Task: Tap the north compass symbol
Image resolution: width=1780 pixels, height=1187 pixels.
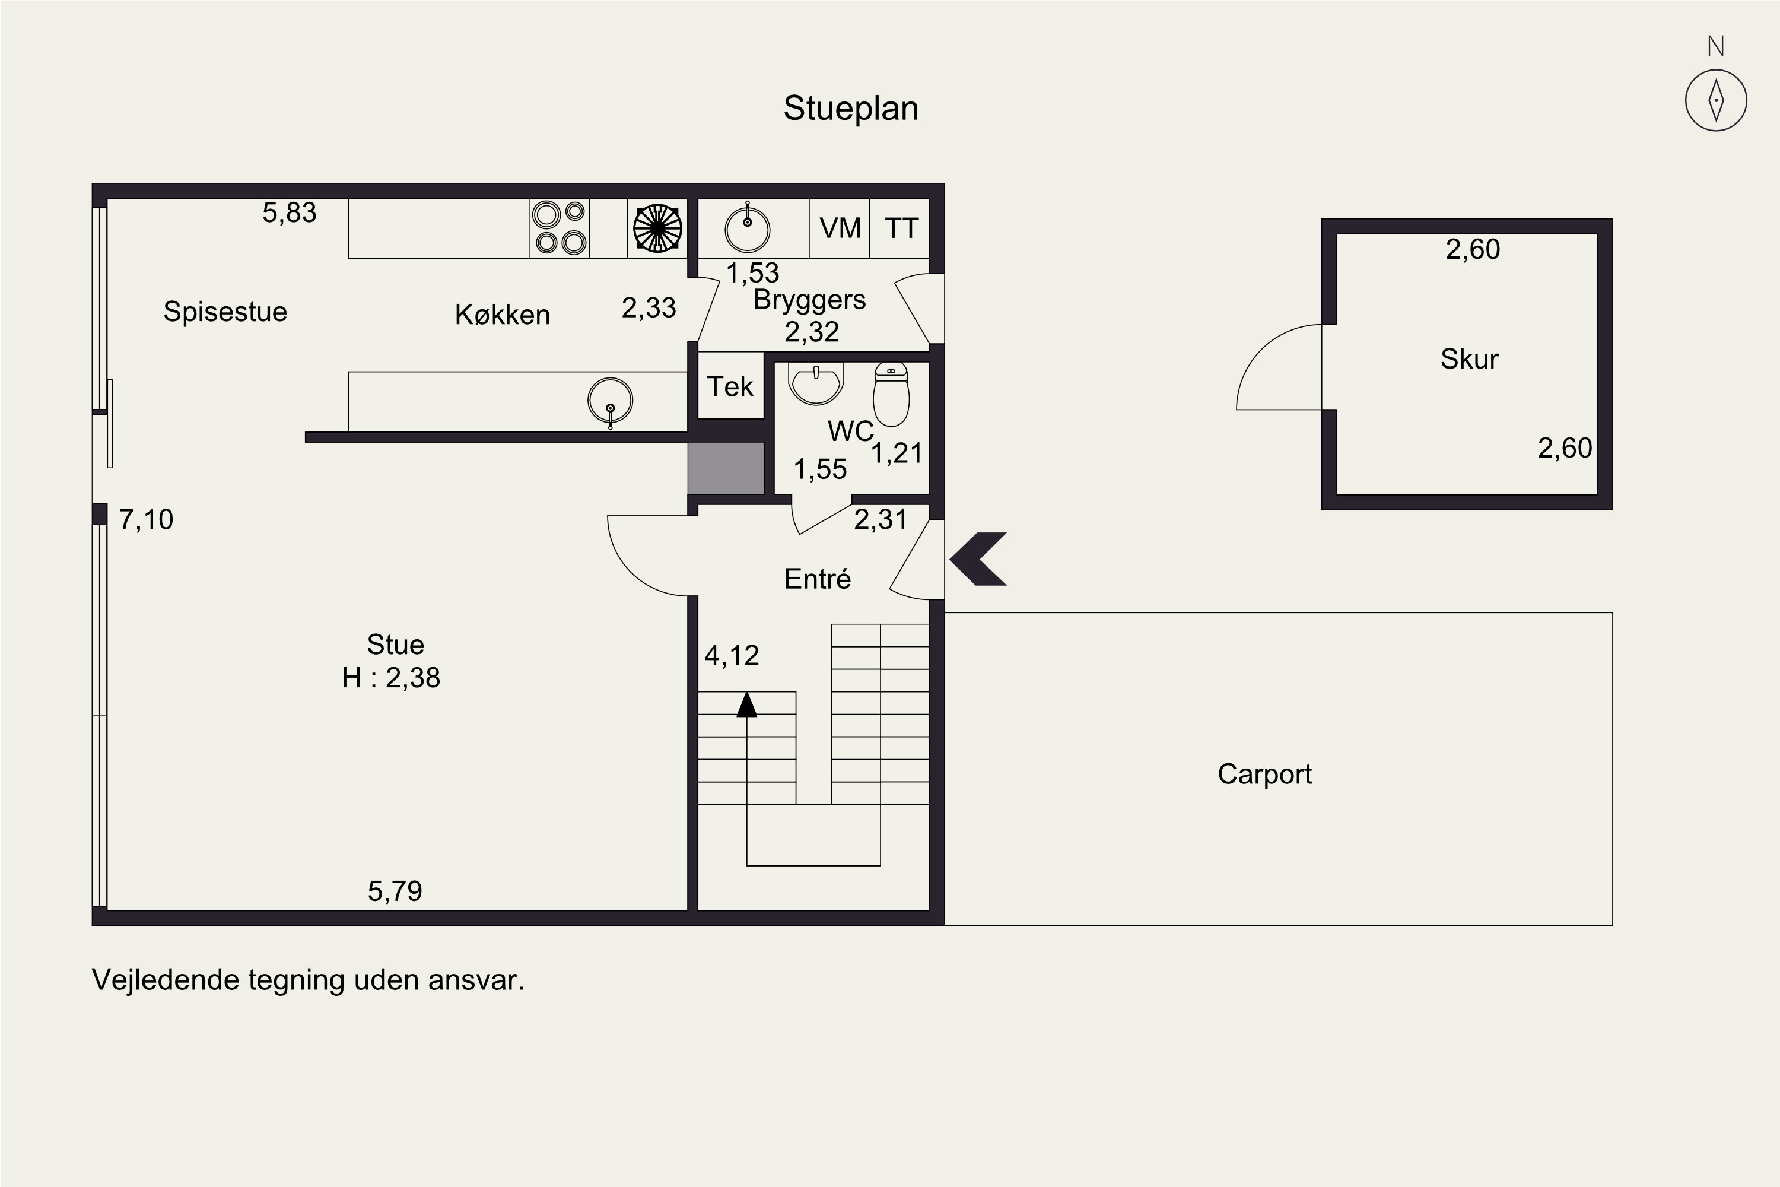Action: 1716,100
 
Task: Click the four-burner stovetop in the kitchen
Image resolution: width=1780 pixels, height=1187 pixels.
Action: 560,228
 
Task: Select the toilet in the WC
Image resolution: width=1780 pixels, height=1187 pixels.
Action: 892,395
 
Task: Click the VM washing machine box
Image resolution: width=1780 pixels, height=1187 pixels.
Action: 840,228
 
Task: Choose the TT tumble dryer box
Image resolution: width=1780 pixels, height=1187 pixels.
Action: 900,228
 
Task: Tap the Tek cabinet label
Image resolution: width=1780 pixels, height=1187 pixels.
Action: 730,387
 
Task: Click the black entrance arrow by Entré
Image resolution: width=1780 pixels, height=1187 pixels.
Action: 978,560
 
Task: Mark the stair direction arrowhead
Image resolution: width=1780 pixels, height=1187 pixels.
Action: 747,704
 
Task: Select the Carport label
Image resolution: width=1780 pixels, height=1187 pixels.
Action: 1264,775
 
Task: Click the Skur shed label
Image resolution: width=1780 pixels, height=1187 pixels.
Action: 1469,359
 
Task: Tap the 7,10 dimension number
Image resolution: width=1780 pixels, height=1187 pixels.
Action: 146,520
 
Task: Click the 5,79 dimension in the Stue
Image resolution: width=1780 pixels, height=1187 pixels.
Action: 395,891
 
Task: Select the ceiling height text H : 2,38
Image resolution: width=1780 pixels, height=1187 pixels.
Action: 390,678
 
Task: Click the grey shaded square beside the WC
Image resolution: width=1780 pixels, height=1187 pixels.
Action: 726,468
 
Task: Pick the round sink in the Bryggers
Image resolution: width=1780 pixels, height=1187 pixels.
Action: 747,228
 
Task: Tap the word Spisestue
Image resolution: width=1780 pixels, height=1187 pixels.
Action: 225,312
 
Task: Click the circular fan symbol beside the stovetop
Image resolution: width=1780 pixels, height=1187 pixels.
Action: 657,228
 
